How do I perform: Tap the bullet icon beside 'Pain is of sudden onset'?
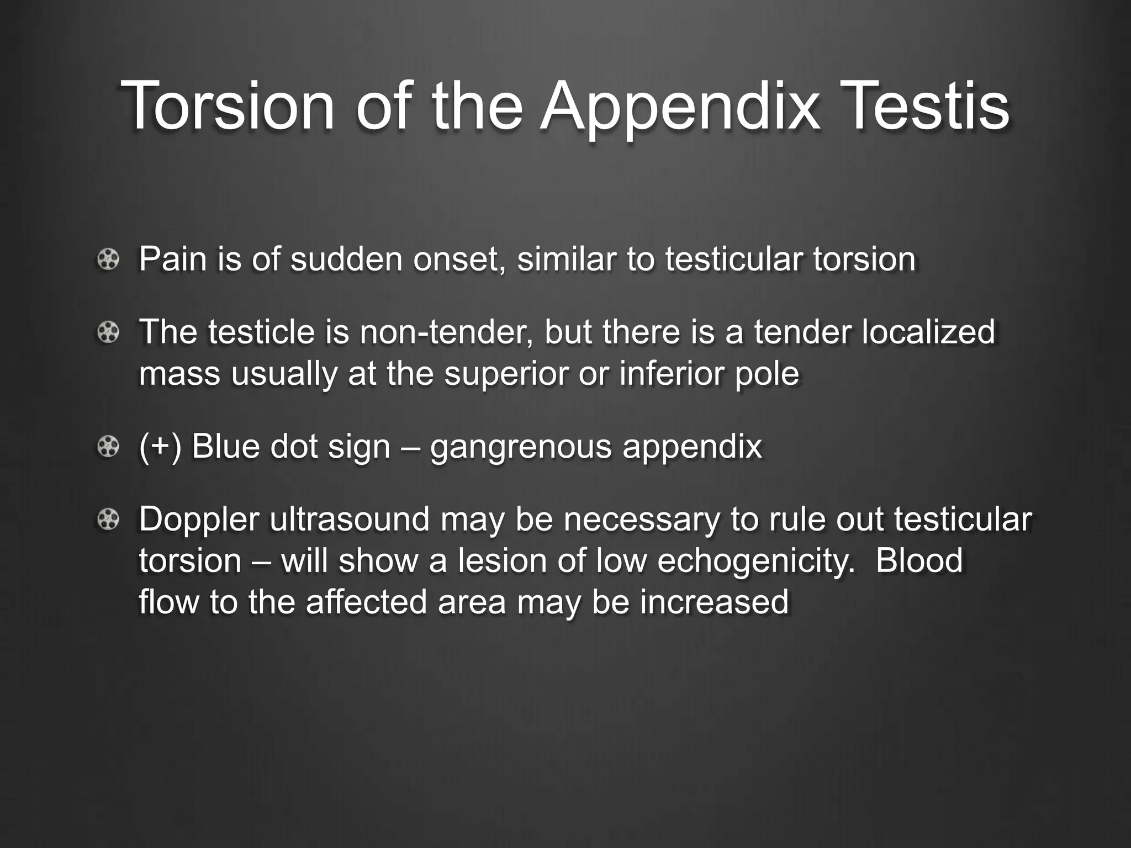point(108,259)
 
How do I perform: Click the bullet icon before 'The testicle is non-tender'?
point(108,332)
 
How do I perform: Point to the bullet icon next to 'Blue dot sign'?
point(108,447)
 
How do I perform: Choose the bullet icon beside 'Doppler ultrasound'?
point(108,520)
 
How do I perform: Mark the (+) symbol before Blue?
point(160,446)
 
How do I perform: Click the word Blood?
point(919,560)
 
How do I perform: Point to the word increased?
point(714,601)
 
